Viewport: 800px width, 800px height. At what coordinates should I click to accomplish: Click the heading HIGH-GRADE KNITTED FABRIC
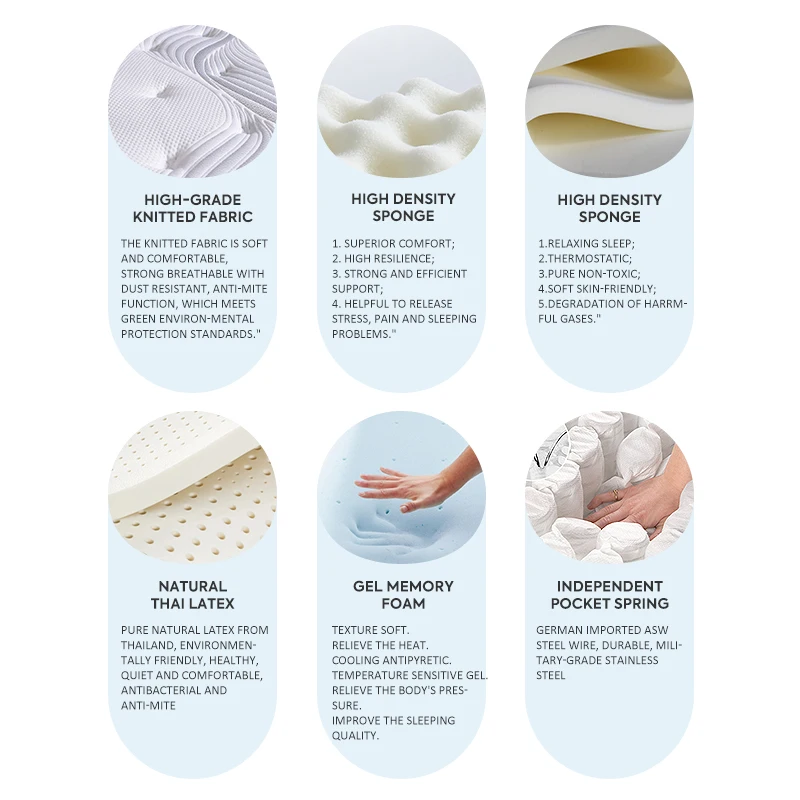tap(193, 208)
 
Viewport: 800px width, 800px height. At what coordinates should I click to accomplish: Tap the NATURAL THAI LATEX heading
tap(193, 595)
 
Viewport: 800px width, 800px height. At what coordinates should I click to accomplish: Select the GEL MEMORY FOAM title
tap(403, 595)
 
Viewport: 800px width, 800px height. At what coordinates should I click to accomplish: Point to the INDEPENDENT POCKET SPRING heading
tap(609, 595)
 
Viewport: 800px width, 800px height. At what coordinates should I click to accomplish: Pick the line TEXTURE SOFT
tap(370, 630)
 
